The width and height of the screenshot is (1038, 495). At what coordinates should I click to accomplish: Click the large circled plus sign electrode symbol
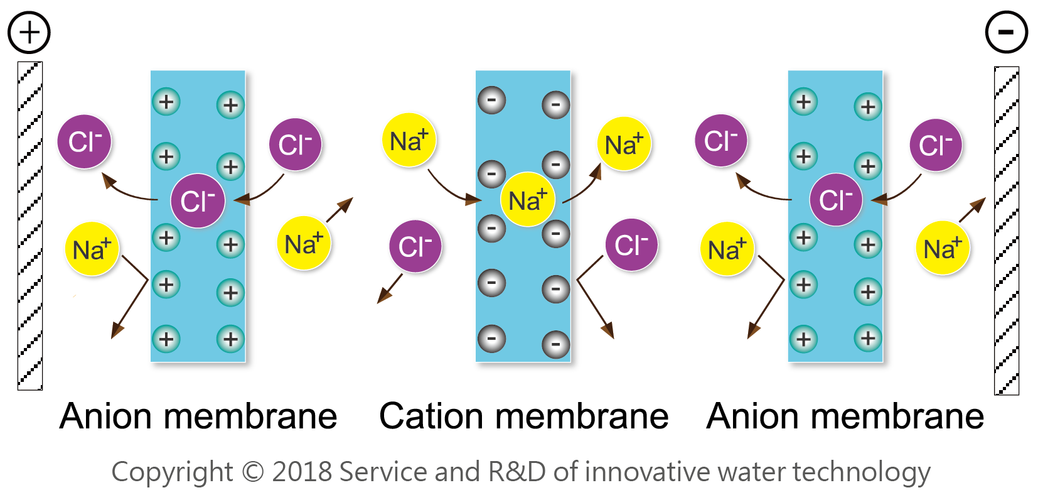(x=29, y=32)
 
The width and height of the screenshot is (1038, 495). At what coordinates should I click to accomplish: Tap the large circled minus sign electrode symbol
(x=1006, y=32)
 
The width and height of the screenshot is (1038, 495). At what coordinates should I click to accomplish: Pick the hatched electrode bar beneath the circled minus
(x=1007, y=230)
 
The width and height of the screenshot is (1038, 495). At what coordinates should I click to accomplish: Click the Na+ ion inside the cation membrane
(x=528, y=200)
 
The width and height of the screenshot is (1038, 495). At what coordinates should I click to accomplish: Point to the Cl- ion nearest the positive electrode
(x=85, y=141)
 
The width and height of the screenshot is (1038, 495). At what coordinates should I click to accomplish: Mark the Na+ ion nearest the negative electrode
(x=943, y=249)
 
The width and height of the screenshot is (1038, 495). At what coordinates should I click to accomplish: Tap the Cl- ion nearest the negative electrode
(x=936, y=145)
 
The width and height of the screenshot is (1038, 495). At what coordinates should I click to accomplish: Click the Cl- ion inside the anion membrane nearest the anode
(x=198, y=201)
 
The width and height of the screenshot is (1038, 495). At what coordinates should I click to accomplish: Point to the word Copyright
(x=172, y=472)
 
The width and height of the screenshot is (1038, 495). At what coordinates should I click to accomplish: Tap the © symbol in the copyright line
(x=252, y=471)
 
